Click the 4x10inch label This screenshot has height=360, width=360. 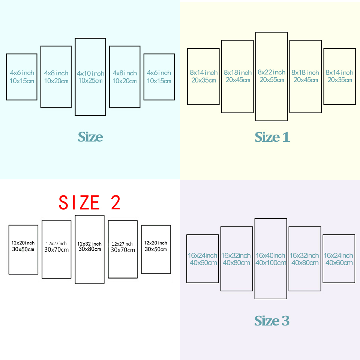pos(90,73)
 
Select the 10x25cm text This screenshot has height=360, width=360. pos(90,81)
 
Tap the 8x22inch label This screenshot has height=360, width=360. pos(271,72)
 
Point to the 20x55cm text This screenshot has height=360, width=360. pos(272,79)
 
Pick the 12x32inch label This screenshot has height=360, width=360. pos(89,244)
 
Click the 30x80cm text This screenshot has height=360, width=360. pos(90,249)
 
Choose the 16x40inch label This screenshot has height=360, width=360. pos(270,255)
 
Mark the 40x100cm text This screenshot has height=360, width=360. pos(271,262)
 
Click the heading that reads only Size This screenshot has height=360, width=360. pos(90,137)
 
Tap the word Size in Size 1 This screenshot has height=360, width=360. pos(267,137)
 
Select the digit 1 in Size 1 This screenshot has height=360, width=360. pos(286,137)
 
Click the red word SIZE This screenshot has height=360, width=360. pos(79,202)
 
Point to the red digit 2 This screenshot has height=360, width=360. pos(116,202)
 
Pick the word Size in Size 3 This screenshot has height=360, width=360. pos(267,321)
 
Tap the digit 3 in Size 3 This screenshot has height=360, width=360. pos(286,321)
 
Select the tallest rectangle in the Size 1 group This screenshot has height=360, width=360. pos(255,76)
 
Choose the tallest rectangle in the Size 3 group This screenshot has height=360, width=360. pos(255,259)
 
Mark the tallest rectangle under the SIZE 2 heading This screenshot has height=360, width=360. pos(75,249)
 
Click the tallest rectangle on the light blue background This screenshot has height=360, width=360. pos(75,77)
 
